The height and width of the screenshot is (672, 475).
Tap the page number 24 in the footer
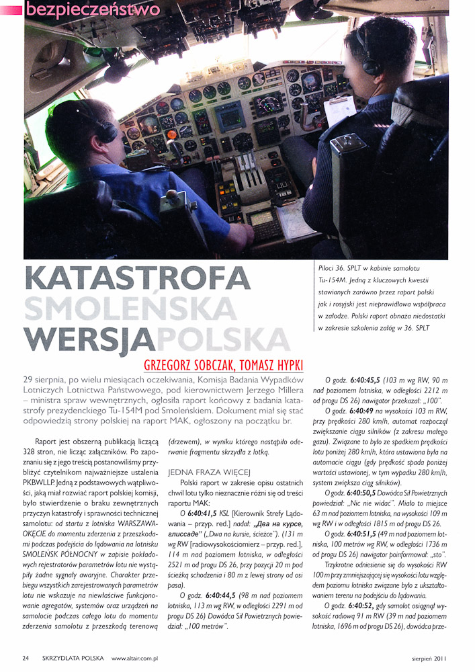pyautogui.click(x=26, y=658)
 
